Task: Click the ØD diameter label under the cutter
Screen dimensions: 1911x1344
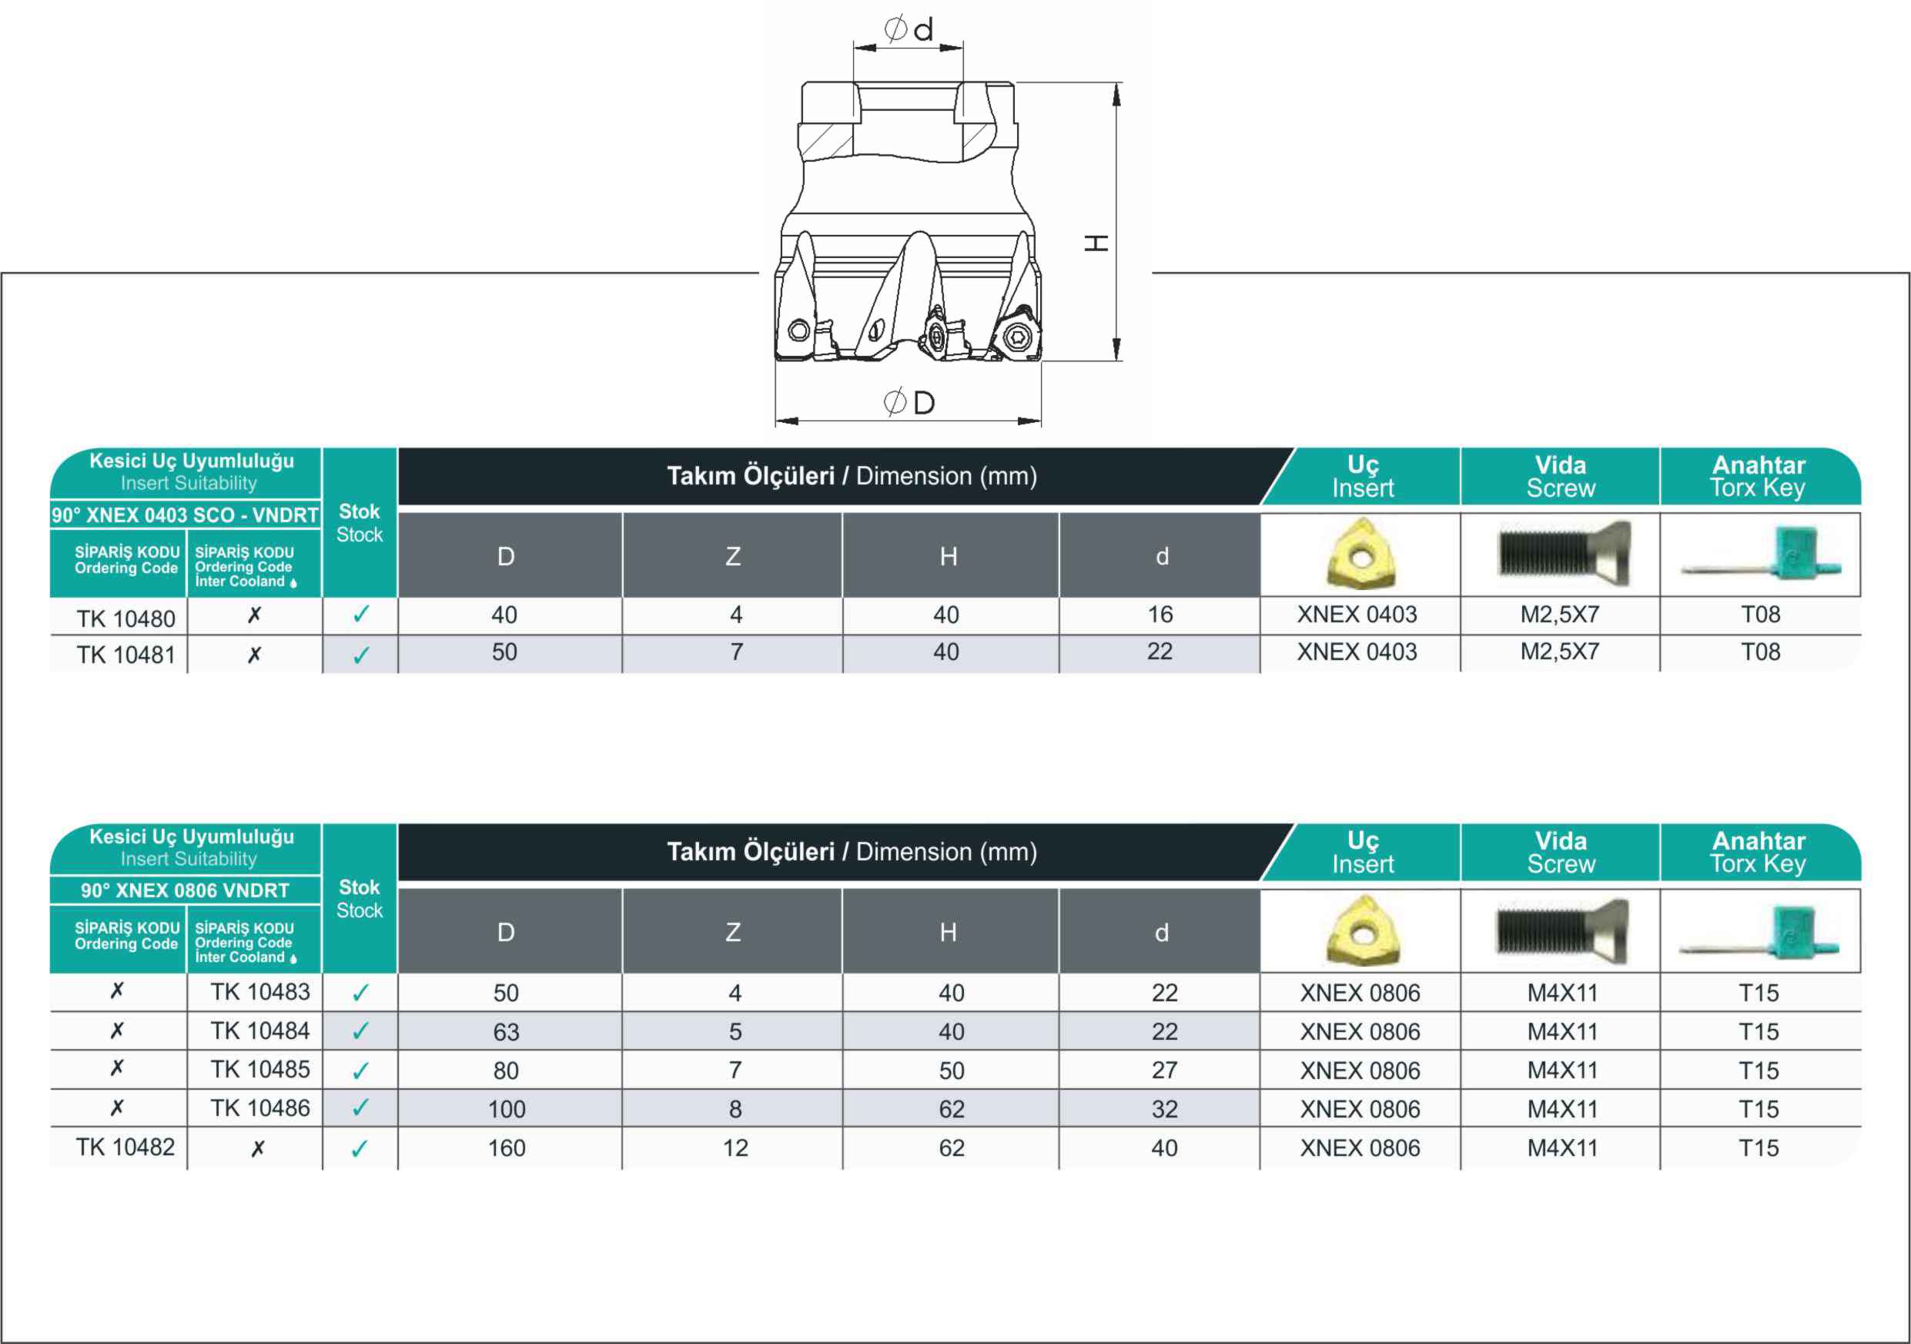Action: pos(909,403)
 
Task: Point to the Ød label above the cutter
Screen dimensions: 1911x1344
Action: pos(908,29)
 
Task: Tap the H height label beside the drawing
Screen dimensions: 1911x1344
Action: pos(1096,243)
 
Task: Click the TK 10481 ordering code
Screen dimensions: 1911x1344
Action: pos(126,655)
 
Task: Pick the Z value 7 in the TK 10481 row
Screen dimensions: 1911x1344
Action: pos(737,652)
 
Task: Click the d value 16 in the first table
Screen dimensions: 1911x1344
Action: pos(1160,615)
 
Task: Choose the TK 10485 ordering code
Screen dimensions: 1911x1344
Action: pos(259,1069)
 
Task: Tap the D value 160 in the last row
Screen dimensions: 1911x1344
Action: pos(506,1148)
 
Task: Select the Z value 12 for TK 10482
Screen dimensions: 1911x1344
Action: pos(735,1148)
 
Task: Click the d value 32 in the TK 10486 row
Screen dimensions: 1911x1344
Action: pos(1164,1109)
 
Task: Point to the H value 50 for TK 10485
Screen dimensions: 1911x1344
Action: pos(952,1071)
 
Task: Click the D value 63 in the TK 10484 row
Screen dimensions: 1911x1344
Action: pos(506,1033)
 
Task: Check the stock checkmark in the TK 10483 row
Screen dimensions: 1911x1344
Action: pos(360,993)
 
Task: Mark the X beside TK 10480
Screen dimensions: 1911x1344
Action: pos(255,615)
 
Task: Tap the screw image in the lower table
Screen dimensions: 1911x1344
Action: pos(1561,930)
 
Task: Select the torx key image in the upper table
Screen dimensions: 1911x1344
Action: pos(1760,554)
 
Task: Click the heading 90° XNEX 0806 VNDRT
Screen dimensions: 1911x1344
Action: pos(185,890)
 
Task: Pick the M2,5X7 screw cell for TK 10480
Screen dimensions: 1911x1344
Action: pos(1560,615)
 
